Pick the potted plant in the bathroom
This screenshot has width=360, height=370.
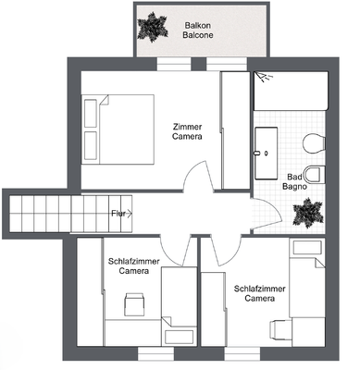pyautogui.click(x=305, y=214)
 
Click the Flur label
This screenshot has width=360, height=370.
pyautogui.click(x=119, y=214)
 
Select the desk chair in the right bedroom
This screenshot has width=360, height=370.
pyautogui.click(x=282, y=327)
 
